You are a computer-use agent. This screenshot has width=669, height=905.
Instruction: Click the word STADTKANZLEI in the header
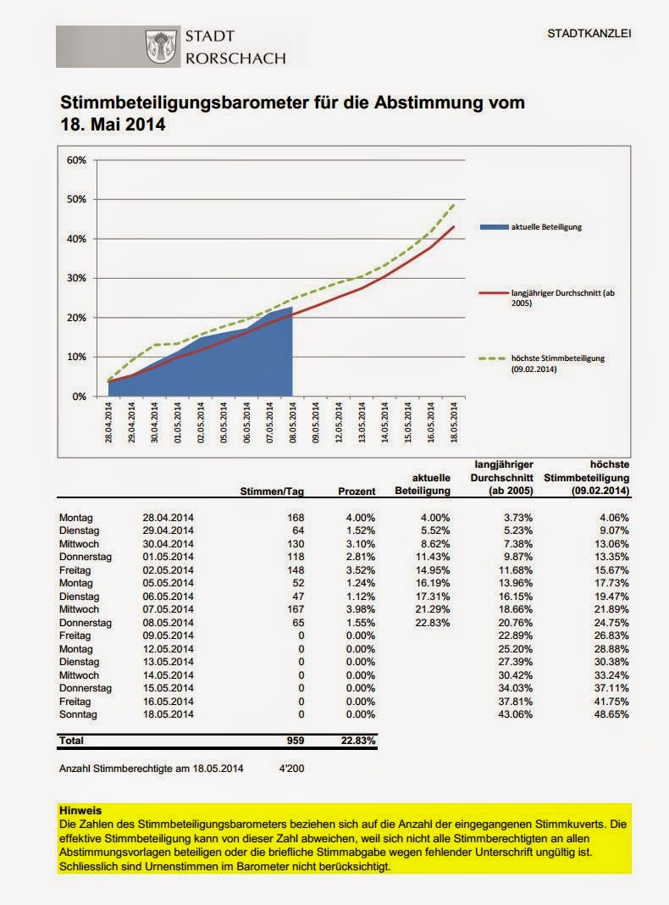[589, 34]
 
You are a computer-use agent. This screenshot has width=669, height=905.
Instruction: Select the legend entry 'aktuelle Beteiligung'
[545, 228]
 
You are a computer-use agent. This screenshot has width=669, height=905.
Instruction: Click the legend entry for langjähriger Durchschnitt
[554, 297]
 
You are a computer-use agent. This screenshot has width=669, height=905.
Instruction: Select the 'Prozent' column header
[357, 491]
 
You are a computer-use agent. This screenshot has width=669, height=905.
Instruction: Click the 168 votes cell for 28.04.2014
[296, 517]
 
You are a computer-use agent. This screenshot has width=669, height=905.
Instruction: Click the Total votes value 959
[296, 741]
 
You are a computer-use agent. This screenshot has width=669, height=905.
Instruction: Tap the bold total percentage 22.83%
[357, 741]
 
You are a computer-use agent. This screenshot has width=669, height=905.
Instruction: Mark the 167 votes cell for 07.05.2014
[296, 609]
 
